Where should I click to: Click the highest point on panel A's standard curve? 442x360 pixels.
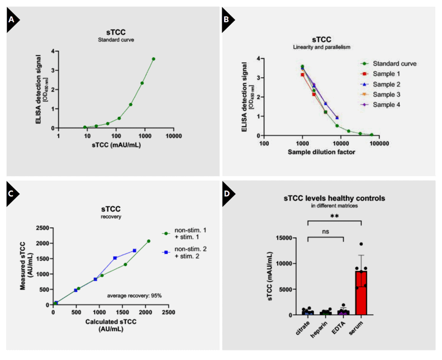[x=153, y=59]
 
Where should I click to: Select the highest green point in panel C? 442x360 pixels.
[x=149, y=241]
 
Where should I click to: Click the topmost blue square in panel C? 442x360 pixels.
[x=134, y=250]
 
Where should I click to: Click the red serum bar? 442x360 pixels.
[x=362, y=293]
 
